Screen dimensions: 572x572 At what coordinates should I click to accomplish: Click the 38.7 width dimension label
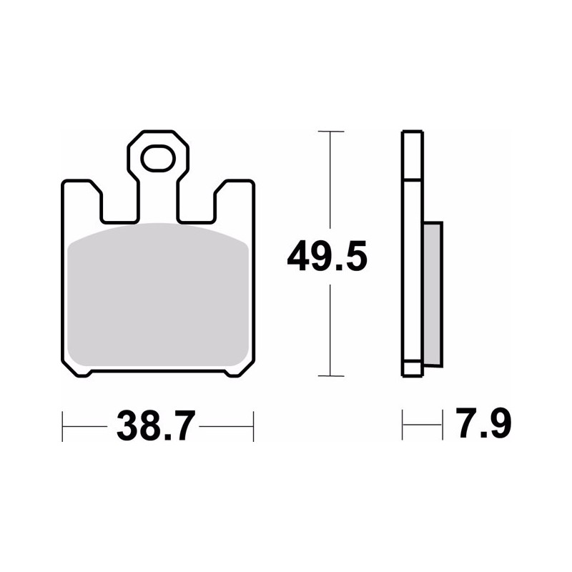point(156,426)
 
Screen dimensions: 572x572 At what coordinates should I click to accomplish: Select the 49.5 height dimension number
point(327,256)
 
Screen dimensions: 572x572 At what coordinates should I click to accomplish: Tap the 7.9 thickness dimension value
point(483,423)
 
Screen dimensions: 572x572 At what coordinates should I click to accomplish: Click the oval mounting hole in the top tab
point(158,158)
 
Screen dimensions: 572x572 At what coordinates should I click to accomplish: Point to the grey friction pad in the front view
point(158,295)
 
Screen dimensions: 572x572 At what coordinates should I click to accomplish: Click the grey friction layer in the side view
point(433,294)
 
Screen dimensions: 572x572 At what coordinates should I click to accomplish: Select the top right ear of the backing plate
point(235,201)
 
